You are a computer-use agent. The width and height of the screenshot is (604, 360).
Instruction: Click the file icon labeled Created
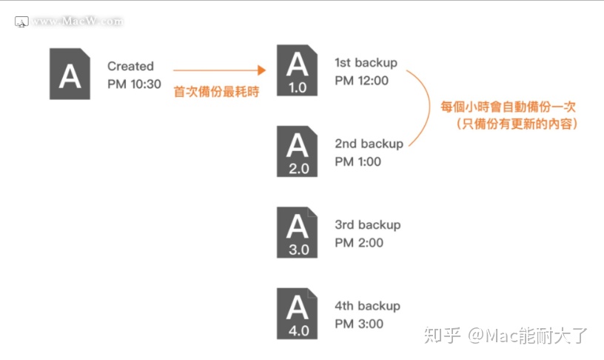[x=70, y=74]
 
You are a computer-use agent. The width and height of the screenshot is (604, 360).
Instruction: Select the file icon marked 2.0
[x=298, y=151]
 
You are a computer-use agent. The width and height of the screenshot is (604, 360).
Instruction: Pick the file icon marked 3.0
[x=298, y=232]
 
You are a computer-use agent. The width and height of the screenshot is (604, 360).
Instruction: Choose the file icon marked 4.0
[x=298, y=313]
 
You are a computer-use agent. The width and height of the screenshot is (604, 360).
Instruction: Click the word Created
[x=130, y=67]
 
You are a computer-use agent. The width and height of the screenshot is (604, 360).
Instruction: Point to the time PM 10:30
[x=134, y=84]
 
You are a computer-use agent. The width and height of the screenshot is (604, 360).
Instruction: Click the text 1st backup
[x=366, y=63]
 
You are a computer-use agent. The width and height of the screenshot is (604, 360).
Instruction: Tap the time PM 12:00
[x=361, y=80]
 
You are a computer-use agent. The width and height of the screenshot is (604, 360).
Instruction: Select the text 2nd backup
[x=369, y=144]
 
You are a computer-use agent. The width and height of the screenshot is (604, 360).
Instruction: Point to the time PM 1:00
[x=358, y=161]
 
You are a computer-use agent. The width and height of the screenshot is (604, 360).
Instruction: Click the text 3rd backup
[x=367, y=224]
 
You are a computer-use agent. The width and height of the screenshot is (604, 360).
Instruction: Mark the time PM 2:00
[x=358, y=242]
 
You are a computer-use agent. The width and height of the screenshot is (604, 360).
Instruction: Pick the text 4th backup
[x=367, y=306]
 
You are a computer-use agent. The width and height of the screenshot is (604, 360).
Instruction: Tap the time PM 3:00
[x=358, y=323]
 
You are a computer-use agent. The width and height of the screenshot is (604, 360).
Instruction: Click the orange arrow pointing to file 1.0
[x=218, y=70]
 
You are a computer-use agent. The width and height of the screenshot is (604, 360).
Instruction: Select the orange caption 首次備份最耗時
[x=216, y=93]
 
